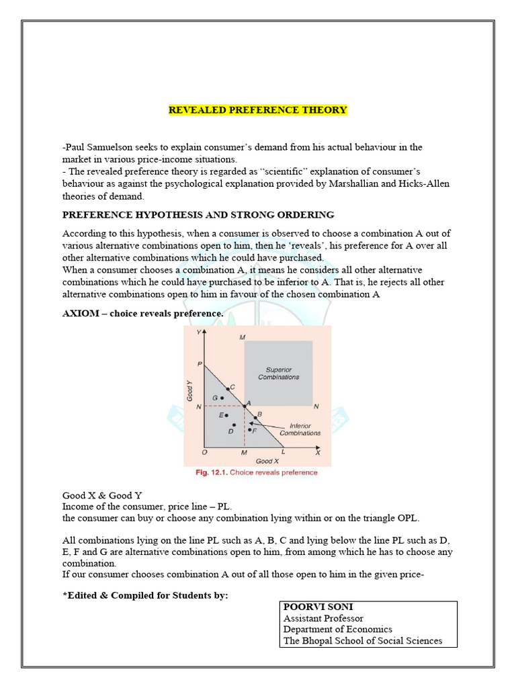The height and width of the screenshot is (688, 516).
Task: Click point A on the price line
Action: (x=244, y=406)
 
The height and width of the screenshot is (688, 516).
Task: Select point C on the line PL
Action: (x=228, y=389)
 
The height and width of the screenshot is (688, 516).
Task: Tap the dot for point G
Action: (x=222, y=398)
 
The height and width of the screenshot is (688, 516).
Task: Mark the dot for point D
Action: (x=234, y=425)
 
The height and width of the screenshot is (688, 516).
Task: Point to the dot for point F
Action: (x=249, y=429)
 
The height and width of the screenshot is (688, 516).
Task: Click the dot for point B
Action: (x=255, y=417)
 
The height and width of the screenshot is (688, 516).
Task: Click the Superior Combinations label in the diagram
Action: (x=279, y=373)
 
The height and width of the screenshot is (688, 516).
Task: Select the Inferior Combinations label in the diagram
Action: (x=300, y=429)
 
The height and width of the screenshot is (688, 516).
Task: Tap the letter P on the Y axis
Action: (x=200, y=364)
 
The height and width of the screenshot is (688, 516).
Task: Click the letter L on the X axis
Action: (x=283, y=453)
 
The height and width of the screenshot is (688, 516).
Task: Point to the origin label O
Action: (x=204, y=453)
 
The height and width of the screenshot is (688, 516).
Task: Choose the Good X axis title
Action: (x=264, y=461)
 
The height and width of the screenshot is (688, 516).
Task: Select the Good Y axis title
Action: (x=191, y=390)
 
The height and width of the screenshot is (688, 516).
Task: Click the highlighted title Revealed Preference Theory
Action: (x=257, y=110)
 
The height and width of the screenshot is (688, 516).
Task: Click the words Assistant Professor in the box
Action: (x=323, y=618)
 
